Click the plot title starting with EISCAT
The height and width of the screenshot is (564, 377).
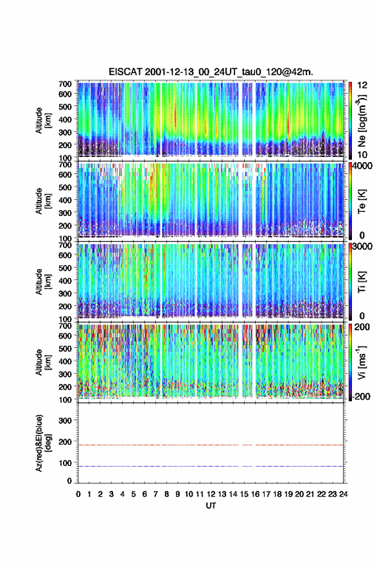click(x=211, y=72)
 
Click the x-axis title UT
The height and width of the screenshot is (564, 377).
click(x=211, y=506)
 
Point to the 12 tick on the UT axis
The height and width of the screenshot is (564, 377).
click(x=211, y=494)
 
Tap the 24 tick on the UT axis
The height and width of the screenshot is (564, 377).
click(x=343, y=494)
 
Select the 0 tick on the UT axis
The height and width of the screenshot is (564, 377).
click(x=78, y=494)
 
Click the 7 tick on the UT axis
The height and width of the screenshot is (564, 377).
click(x=155, y=494)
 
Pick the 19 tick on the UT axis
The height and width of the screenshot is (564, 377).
click(x=288, y=494)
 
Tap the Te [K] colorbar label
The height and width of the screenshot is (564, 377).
click(x=362, y=202)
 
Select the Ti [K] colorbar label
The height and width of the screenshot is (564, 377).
click(x=362, y=281)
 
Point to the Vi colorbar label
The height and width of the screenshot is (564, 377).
click(x=362, y=362)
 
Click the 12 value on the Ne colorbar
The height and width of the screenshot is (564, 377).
click(x=362, y=85)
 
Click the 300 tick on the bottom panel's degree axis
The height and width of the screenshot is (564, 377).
click(x=66, y=420)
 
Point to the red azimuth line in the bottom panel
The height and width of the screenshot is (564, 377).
click(x=211, y=445)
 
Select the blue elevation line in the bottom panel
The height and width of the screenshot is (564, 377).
click(x=211, y=466)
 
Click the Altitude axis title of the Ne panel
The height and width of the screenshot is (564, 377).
click(x=42, y=120)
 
